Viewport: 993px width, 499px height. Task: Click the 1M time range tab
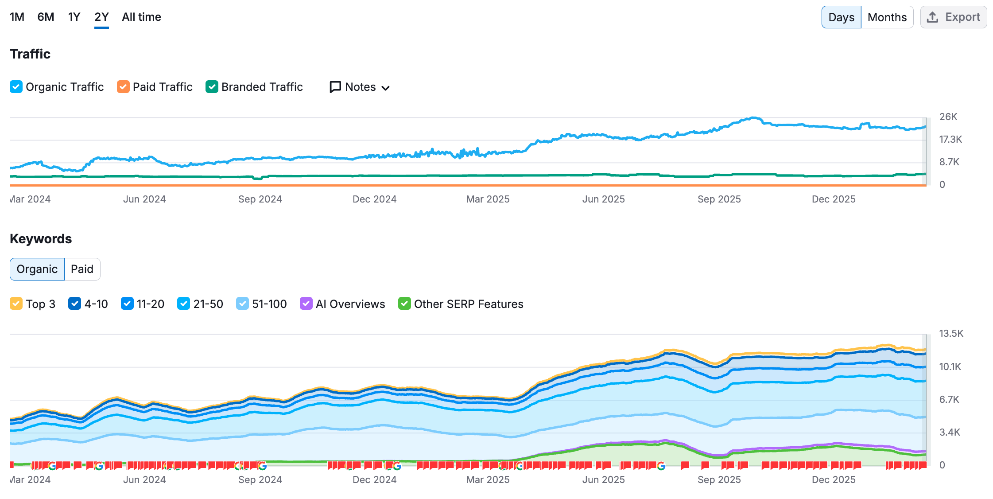coord(17,17)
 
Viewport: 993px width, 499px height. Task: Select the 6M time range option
coord(46,17)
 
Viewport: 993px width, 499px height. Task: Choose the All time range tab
coord(141,17)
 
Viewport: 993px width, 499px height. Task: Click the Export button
coord(953,17)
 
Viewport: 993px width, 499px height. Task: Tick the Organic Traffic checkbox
coord(16,87)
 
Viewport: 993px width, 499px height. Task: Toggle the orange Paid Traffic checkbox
coord(123,87)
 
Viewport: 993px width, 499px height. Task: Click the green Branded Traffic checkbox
coord(212,87)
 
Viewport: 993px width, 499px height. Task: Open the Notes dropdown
coord(360,87)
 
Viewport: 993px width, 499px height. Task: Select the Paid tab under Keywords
coord(82,269)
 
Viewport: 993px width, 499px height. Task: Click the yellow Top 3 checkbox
coord(16,304)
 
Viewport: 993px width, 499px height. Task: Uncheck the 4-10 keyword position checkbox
coord(74,304)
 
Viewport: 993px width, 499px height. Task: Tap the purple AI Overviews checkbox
coord(306,304)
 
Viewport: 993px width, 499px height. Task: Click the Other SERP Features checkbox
coord(404,304)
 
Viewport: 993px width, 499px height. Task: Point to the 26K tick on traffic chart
coord(948,117)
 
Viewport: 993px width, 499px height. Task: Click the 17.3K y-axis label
coord(950,139)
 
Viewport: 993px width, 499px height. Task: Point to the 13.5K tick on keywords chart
coord(951,333)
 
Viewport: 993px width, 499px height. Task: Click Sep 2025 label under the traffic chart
coord(719,199)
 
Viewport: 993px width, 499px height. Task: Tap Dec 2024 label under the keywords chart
coord(374,480)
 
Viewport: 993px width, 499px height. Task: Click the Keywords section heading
coord(41,239)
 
